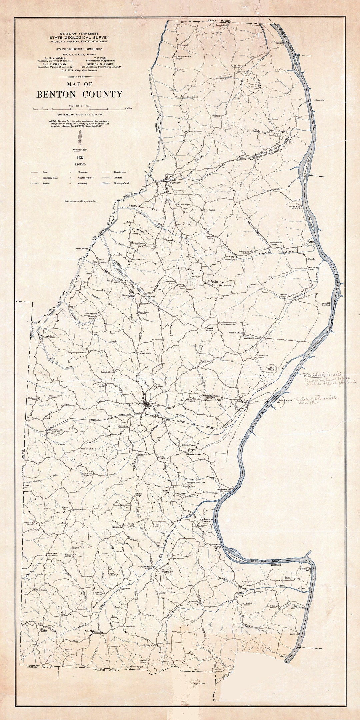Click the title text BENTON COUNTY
[x=79, y=94]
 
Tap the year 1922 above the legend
[x=80, y=157]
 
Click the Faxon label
[x=260, y=159]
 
